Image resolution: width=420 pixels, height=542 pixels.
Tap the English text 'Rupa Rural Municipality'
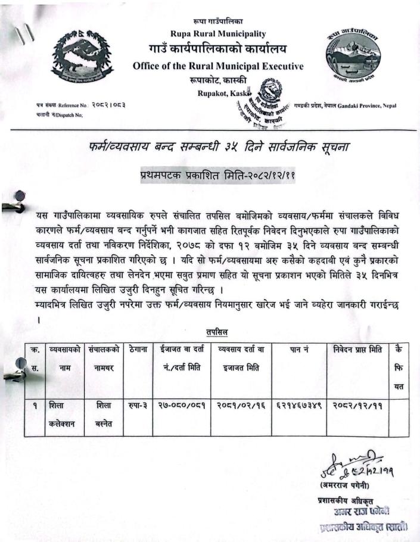click(x=218, y=33)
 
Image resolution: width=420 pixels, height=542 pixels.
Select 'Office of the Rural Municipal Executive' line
click(x=218, y=66)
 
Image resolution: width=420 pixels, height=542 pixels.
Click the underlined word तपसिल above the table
click(x=216, y=331)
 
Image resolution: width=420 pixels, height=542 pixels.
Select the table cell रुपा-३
click(x=137, y=405)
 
